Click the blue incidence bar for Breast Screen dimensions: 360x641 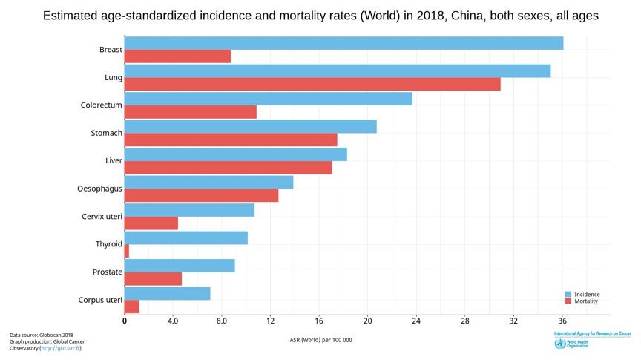[x=343, y=43]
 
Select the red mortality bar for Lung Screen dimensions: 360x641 [x=312, y=85]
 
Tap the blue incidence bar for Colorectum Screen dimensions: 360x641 [x=268, y=99]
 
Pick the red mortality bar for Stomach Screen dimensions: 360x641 [x=231, y=140]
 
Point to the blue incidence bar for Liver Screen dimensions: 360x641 [x=235, y=154]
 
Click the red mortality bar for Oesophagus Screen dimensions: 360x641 [x=201, y=195]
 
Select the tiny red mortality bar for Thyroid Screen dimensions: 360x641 [x=127, y=251]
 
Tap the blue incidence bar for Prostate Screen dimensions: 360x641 [x=180, y=266]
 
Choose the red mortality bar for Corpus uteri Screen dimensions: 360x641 [x=132, y=307]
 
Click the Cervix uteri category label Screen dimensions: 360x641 [x=102, y=217]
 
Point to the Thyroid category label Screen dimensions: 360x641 [x=108, y=244]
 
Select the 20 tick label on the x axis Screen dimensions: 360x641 [x=367, y=321]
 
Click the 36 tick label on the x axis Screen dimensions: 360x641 [x=562, y=321]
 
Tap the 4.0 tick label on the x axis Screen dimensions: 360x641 [x=173, y=321]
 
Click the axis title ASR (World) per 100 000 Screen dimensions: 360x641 [x=320, y=340]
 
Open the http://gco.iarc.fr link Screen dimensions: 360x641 [x=61, y=348]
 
